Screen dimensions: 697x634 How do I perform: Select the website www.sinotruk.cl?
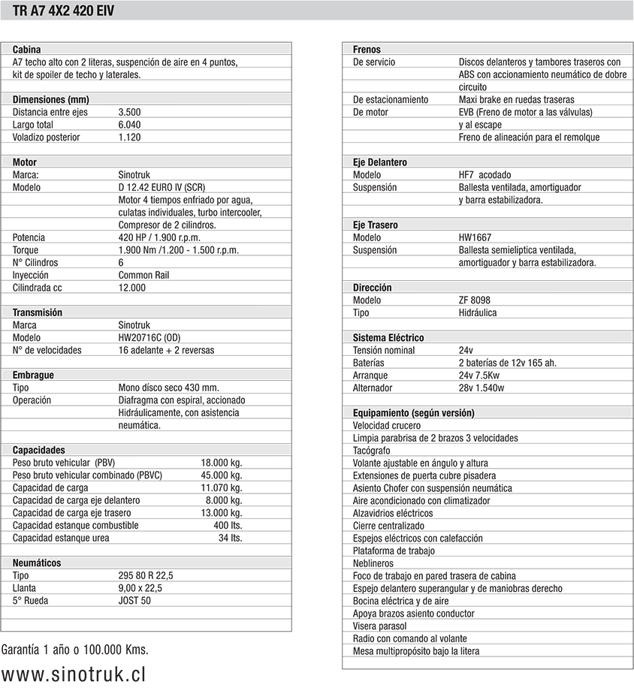point(74,674)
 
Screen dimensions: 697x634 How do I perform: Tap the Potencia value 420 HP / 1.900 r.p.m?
point(159,237)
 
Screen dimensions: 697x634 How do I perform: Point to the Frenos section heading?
point(367,49)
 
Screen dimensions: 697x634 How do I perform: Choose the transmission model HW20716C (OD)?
point(149,337)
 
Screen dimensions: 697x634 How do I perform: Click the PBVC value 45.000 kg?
point(222,475)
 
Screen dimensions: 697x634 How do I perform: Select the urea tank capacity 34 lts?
point(230,538)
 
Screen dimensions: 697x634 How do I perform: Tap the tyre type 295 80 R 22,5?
point(146,575)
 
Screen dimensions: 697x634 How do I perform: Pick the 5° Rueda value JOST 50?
point(134,600)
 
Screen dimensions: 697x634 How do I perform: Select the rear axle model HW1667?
point(475,237)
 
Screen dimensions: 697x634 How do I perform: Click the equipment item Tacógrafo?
point(372,451)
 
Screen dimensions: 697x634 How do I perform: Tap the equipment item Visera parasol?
point(380,626)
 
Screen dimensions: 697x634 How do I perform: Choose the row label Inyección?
point(31,275)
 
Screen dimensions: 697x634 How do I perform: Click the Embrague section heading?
point(33,375)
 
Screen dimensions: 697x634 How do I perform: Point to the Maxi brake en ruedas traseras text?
point(516,99)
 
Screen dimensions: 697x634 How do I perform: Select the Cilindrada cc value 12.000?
point(132,288)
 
